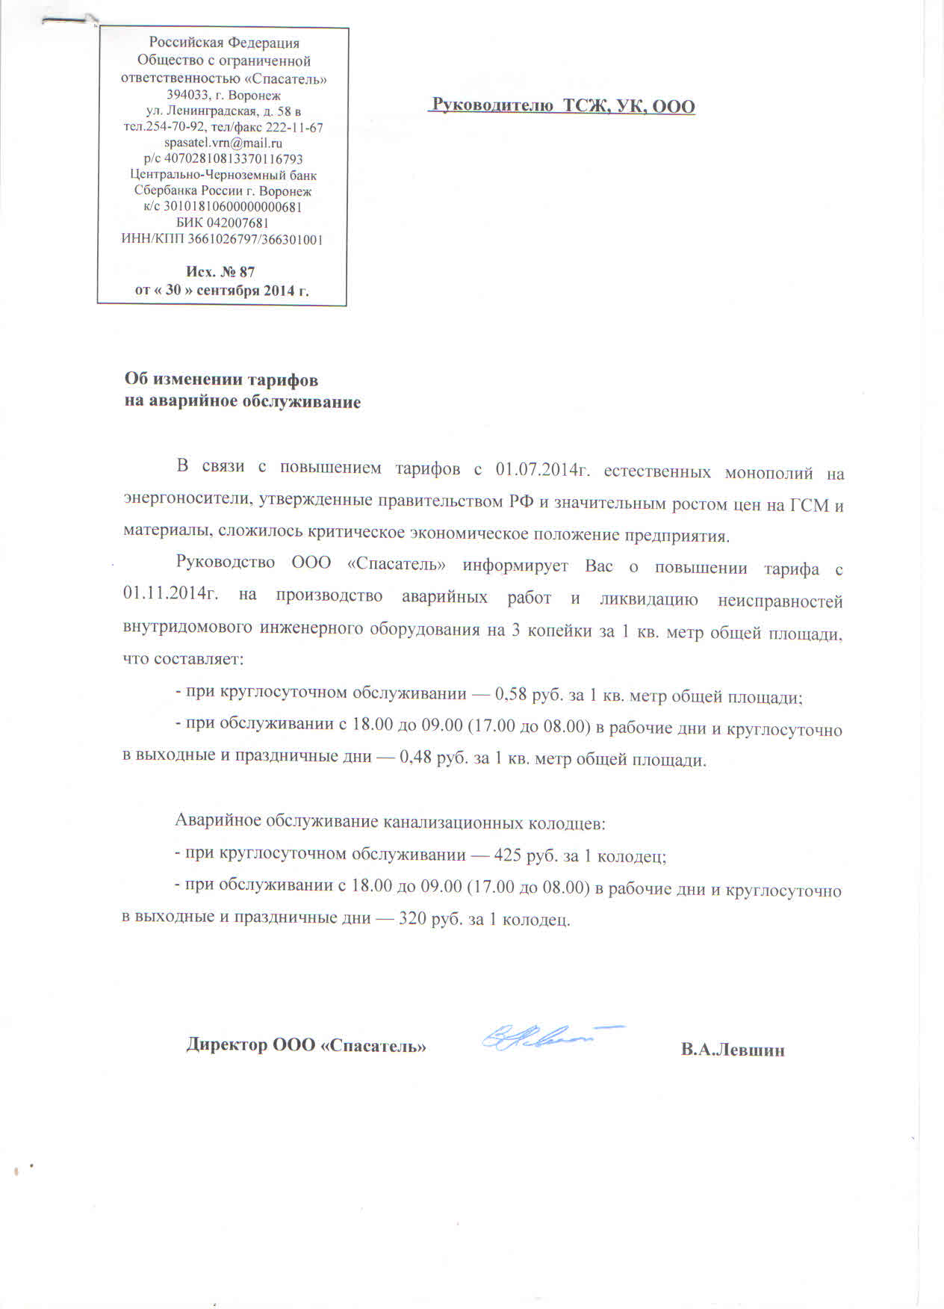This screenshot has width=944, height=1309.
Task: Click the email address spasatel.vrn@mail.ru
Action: [223, 143]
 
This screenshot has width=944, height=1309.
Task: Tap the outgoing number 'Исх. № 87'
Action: [220, 272]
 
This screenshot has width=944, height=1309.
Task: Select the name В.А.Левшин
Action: [732, 1050]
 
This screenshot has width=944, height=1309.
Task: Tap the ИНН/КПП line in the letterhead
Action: [222, 239]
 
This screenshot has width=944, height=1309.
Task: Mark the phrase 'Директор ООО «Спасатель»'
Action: [306, 1045]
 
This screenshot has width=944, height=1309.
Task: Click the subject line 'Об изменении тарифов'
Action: [221, 380]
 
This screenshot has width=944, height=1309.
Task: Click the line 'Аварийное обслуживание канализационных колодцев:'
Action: [390, 823]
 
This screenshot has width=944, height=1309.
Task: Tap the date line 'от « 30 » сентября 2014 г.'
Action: [222, 291]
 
